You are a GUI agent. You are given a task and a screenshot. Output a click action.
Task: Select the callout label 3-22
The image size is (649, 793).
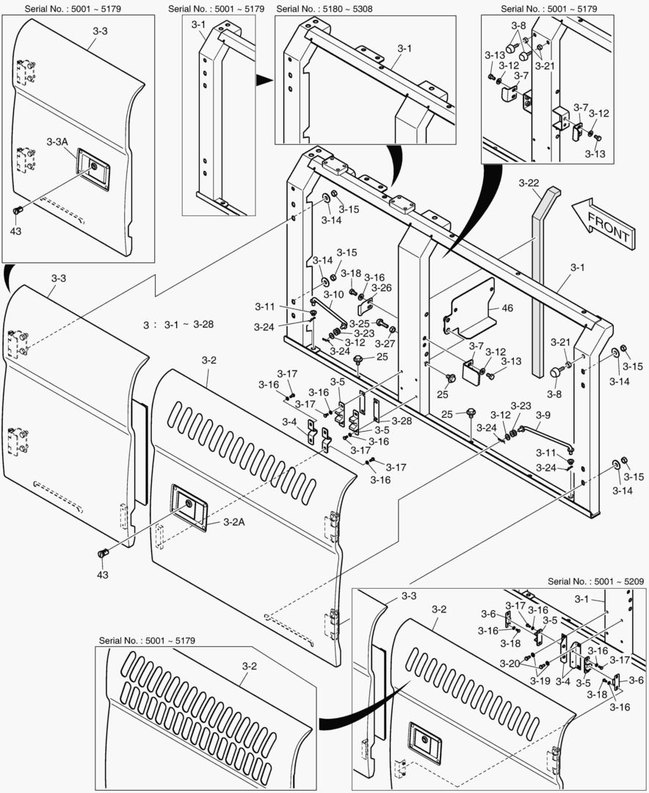click(x=529, y=182)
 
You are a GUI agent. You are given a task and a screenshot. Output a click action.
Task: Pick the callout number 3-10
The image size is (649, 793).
click(x=333, y=294)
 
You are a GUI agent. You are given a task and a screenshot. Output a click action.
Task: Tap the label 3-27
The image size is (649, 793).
click(x=385, y=343)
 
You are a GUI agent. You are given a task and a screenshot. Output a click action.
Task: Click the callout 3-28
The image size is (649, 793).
click(x=402, y=421)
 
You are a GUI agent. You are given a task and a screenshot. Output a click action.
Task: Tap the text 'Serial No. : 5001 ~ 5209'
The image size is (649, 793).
click(x=596, y=581)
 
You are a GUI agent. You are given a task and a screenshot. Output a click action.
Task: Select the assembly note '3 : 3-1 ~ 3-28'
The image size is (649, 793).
click(x=180, y=324)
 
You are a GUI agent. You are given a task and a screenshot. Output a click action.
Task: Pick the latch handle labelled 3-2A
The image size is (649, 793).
click(x=189, y=504)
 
